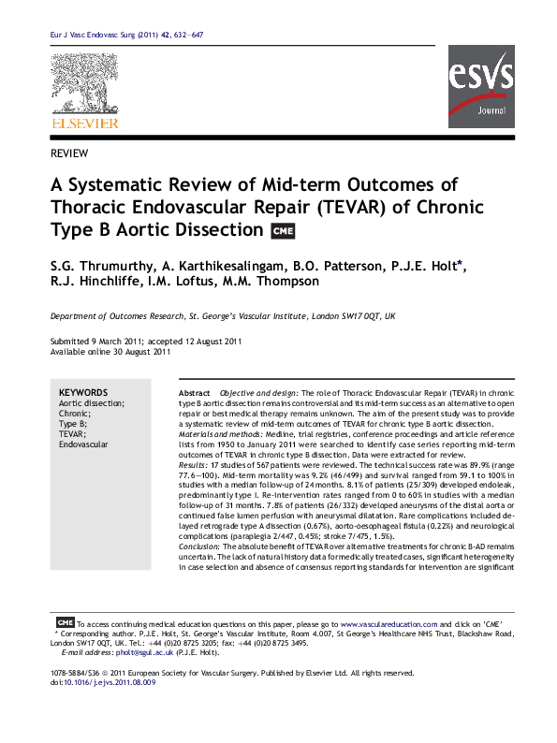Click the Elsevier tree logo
tap(84, 85)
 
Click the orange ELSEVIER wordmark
tap(84, 124)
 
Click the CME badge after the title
tap(281, 231)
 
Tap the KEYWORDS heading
tap(83, 393)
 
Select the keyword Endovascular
tap(84, 444)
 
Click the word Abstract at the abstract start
tap(194, 393)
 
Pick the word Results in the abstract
tap(194, 465)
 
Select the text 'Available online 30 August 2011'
tap(110, 353)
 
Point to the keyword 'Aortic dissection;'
tap(91, 403)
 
